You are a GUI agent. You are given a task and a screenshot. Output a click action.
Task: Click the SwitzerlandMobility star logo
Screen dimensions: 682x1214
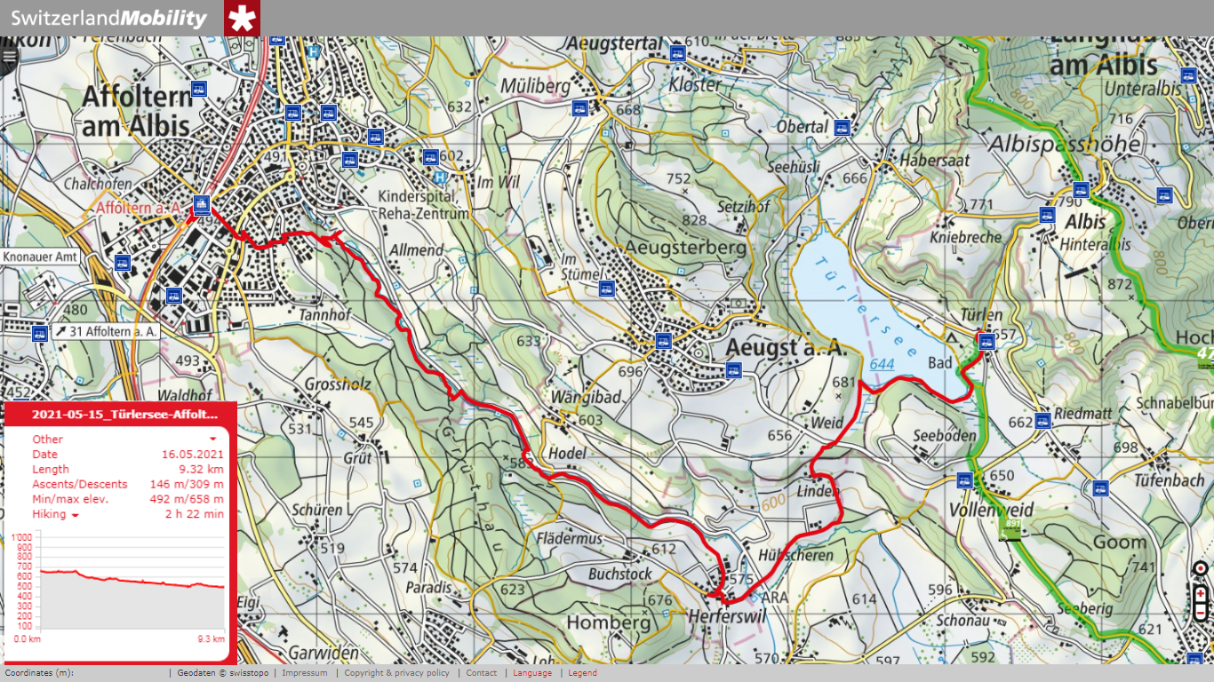tap(242, 18)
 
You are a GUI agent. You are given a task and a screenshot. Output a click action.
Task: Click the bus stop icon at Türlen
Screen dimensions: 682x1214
tap(986, 340)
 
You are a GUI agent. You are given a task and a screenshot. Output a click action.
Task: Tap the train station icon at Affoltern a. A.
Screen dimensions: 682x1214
tap(202, 204)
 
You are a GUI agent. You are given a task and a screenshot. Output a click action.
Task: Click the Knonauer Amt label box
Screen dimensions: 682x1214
tap(41, 257)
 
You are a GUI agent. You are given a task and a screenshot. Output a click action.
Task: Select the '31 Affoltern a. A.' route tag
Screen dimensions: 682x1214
tap(106, 331)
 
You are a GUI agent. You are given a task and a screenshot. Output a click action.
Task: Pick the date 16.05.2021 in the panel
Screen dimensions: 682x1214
tap(192, 454)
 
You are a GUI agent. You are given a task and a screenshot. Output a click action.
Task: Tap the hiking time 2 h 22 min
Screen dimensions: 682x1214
tap(194, 514)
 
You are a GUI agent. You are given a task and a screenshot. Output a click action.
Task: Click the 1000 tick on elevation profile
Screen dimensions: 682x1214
tap(21, 537)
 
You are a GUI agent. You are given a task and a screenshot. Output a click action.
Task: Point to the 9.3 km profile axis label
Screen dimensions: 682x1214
tap(211, 638)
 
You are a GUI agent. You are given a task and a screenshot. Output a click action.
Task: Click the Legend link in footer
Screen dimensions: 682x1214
tap(582, 673)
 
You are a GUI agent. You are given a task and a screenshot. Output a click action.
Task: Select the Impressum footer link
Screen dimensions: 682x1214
tap(304, 673)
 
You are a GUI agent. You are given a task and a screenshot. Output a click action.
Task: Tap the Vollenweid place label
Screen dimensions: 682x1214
tap(990, 510)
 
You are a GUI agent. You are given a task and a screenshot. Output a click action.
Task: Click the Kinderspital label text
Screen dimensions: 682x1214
tap(416, 196)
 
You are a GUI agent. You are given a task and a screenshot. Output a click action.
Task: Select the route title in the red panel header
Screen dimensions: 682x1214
tap(124, 414)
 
